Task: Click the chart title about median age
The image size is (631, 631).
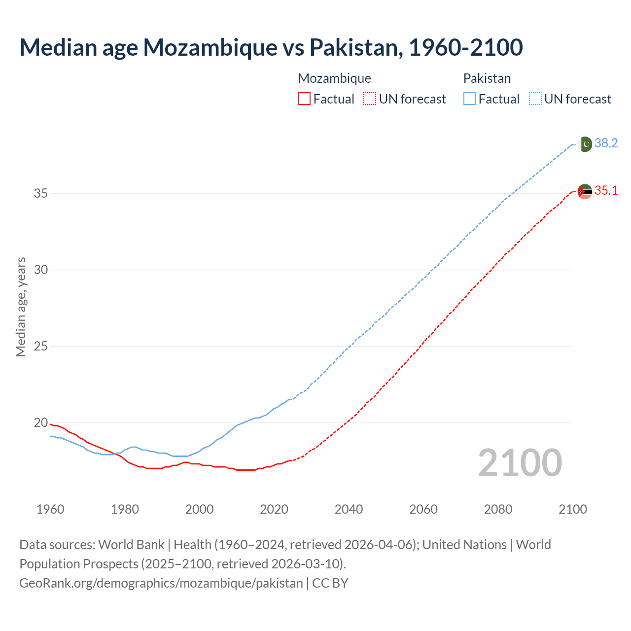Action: pyautogui.click(x=271, y=48)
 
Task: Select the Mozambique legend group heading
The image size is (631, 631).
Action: pyautogui.click(x=334, y=78)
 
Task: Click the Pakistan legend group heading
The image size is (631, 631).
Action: pyautogui.click(x=487, y=78)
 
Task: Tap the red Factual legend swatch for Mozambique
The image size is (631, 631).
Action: pyautogui.click(x=304, y=99)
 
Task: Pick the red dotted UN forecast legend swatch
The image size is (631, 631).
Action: pyautogui.click(x=370, y=99)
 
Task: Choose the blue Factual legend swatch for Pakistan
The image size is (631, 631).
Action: pyautogui.click(x=469, y=99)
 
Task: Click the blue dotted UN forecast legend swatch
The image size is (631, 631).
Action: pyautogui.click(x=535, y=99)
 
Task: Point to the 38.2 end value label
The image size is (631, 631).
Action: pyautogui.click(x=606, y=143)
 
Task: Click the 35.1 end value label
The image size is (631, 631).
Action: pyautogui.click(x=606, y=191)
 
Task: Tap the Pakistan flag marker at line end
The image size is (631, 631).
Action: pyautogui.click(x=585, y=144)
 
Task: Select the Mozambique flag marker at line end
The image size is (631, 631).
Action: pyautogui.click(x=585, y=191)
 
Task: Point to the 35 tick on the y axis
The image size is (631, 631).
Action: pyautogui.click(x=41, y=193)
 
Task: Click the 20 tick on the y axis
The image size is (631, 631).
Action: pyautogui.click(x=41, y=422)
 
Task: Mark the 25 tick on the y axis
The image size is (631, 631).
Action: pyautogui.click(x=41, y=346)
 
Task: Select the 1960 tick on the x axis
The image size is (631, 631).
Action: pyautogui.click(x=50, y=509)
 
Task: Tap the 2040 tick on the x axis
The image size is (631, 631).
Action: pyautogui.click(x=349, y=509)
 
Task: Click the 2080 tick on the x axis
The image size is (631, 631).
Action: pyautogui.click(x=498, y=509)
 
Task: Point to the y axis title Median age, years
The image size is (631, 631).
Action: pyautogui.click(x=21, y=307)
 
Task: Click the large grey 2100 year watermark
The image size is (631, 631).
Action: pyautogui.click(x=520, y=463)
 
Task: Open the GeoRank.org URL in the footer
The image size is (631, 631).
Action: pyautogui.click(x=161, y=583)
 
